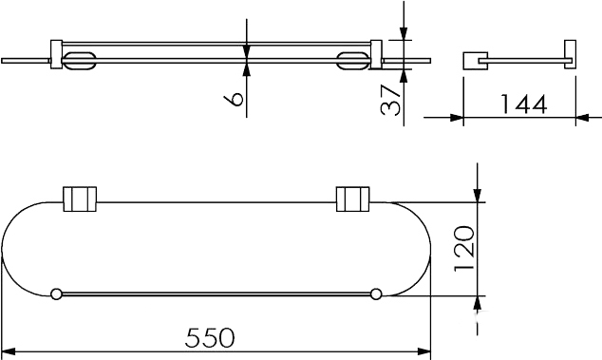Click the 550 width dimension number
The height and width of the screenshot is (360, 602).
tap(210, 337)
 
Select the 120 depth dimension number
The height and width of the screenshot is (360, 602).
tap(464, 249)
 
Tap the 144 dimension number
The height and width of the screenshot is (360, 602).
tap(524, 104)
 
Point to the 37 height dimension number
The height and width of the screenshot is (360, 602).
tap(390, 101)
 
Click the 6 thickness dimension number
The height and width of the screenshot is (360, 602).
tap(234, 99)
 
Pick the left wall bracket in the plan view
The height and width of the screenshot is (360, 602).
tap(80, 199)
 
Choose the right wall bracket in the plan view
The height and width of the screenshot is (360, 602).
tap(353, 199)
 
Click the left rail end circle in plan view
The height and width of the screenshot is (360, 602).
tap(56, 294)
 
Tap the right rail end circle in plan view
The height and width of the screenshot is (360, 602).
tap(376, 294)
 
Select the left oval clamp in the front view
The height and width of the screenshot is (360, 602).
tap(79, 61)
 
